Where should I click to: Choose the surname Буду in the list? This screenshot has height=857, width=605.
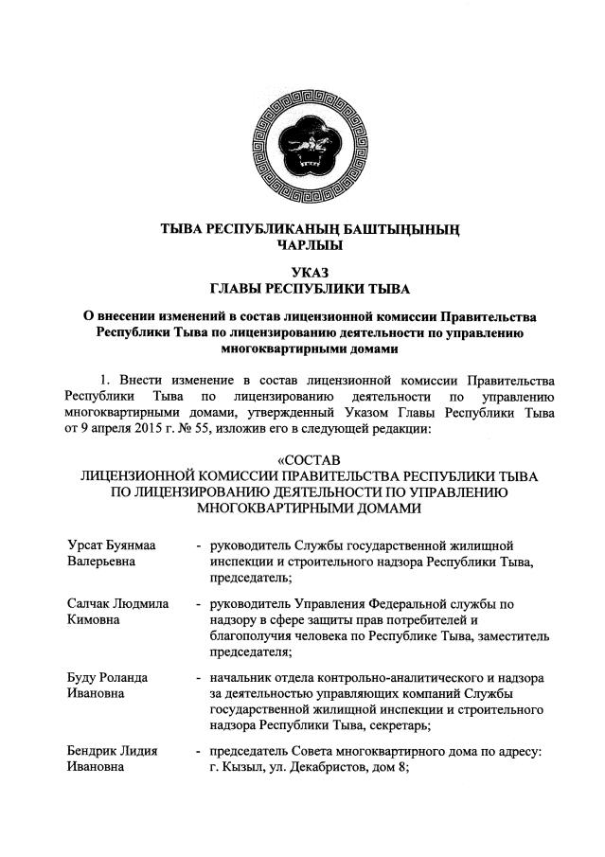[84, 677]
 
